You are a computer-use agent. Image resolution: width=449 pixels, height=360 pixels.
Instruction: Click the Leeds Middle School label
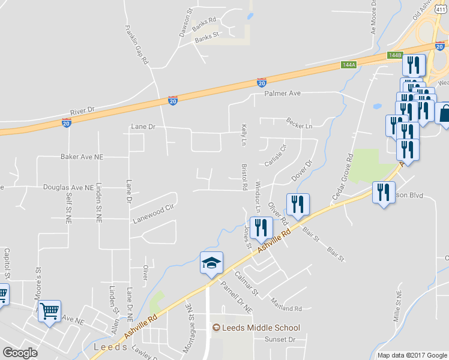(256, 328)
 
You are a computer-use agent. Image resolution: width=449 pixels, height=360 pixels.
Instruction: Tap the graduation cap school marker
(211, 263)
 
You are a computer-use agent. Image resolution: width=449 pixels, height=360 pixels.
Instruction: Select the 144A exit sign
(348, 64)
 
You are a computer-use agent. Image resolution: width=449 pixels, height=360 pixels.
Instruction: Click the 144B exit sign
(394, 55)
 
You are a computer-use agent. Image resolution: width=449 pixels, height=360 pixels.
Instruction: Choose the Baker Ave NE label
(82, 157)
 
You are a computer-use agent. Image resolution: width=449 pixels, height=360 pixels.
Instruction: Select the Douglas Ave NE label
(68, 187)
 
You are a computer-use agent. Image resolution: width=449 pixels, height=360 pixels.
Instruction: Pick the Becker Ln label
(300, 126)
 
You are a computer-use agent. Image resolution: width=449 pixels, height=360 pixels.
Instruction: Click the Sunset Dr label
(284, 340)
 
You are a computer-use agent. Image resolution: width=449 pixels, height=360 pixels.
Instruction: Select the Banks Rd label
(204, 22)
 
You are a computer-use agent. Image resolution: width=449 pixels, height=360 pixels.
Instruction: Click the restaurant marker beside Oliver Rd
(297, 205)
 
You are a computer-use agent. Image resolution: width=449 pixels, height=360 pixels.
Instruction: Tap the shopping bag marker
(445, 114)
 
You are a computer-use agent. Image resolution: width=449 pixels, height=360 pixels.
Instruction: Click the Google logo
(20, 353)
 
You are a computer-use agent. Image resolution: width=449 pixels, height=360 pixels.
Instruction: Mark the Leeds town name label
(110, 347)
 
